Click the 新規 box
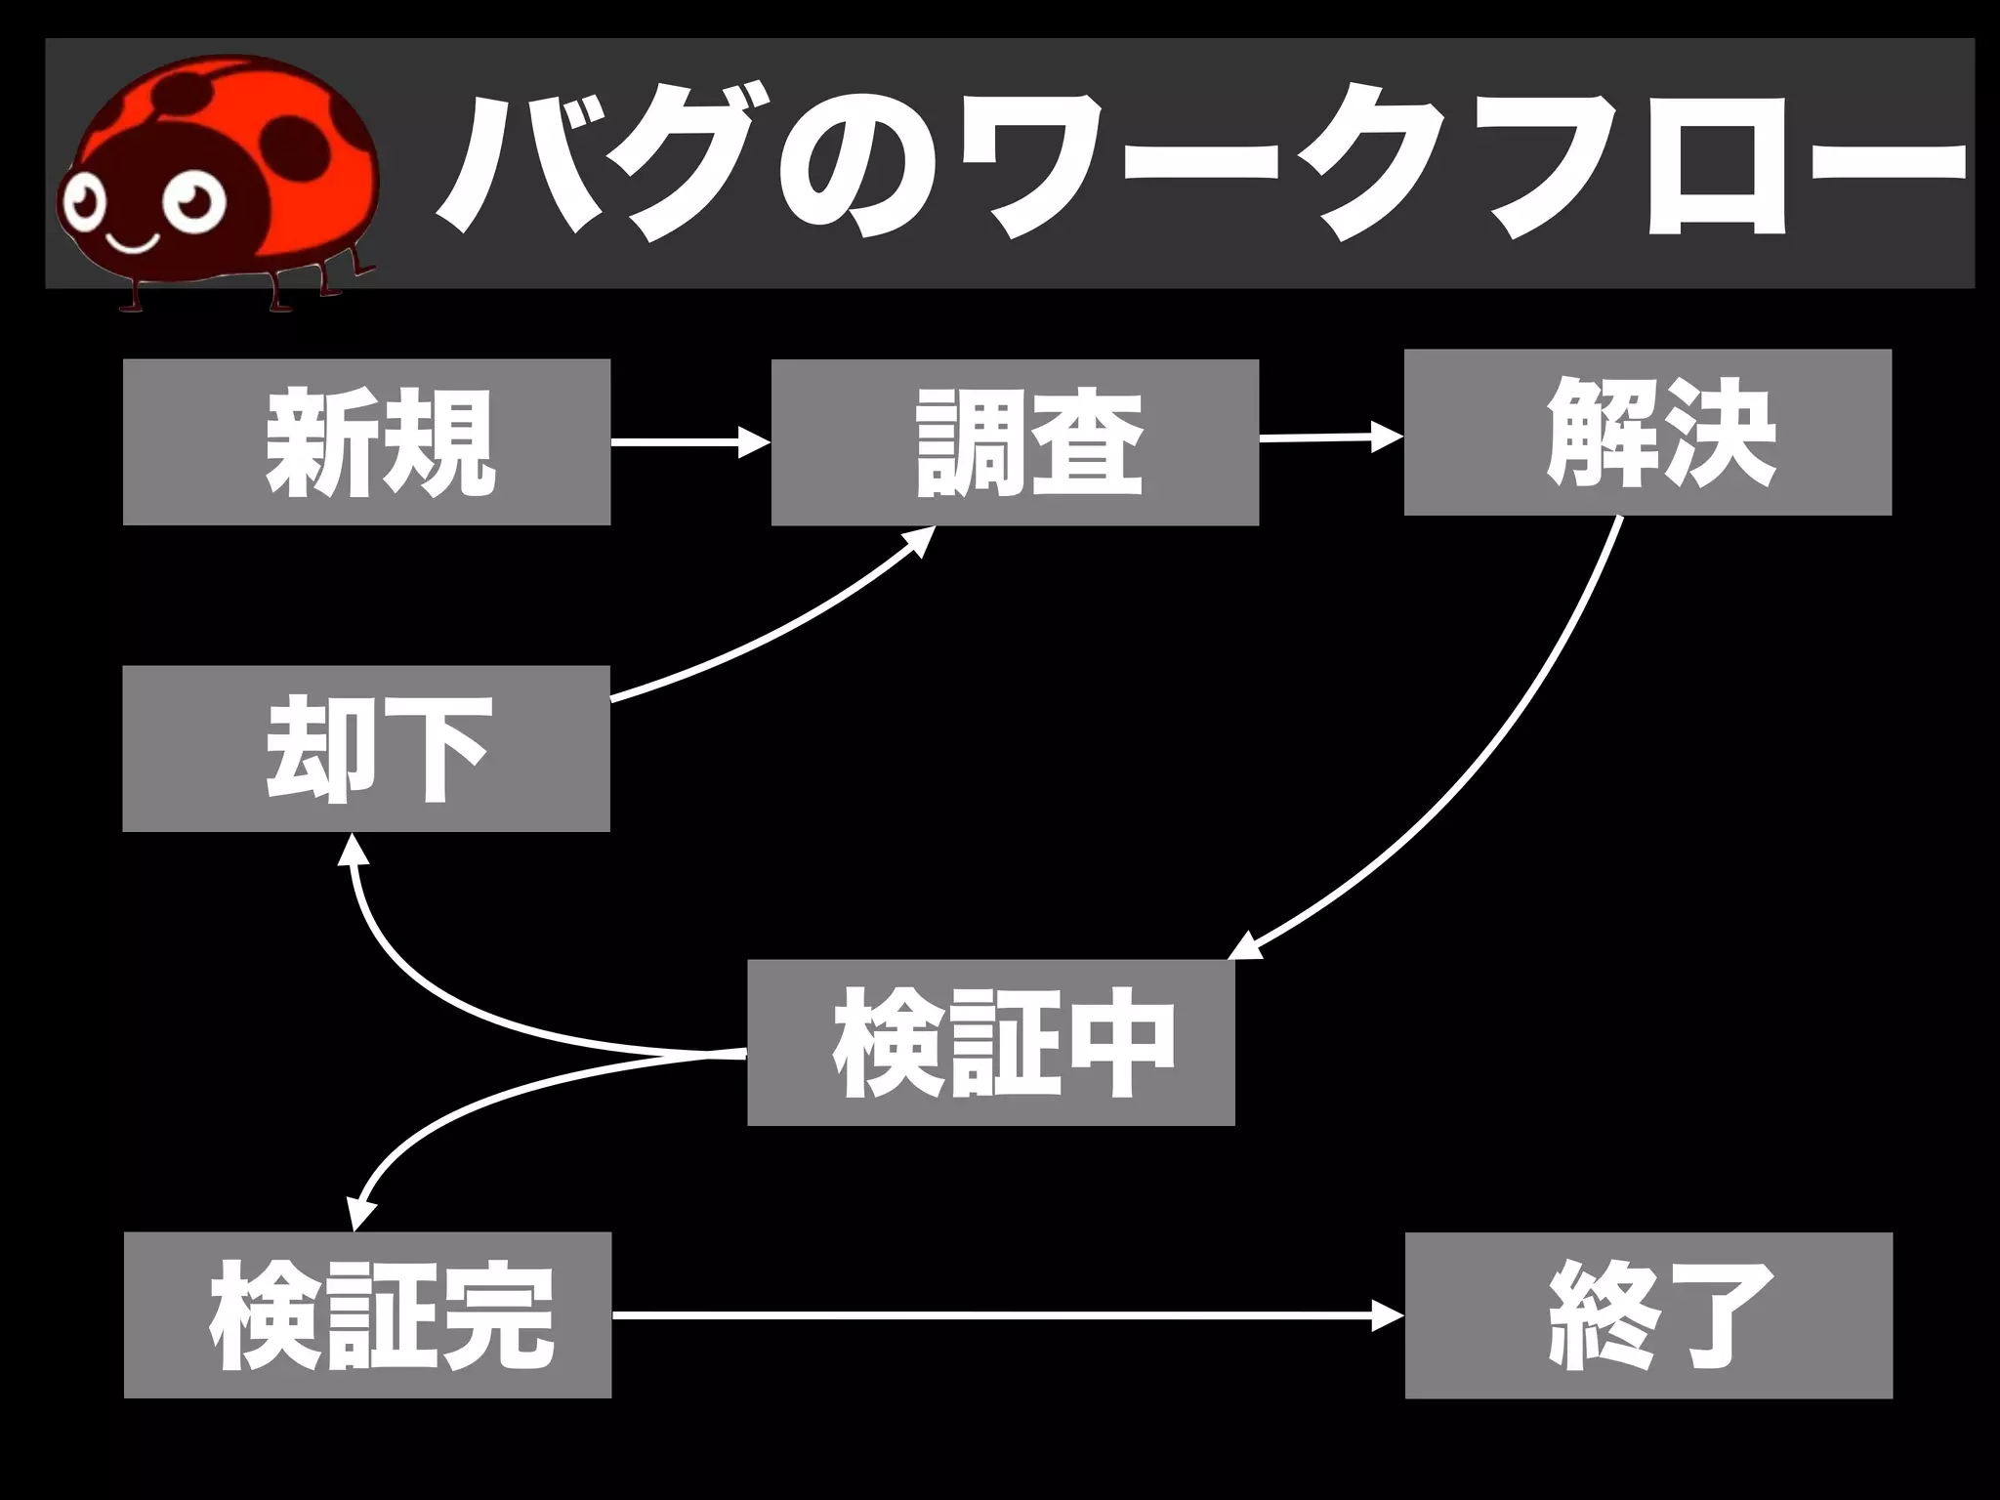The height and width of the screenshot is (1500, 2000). [366, 441]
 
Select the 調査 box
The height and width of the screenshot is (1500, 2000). [1015, 442]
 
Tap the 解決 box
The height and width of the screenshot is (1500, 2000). [1647, 432]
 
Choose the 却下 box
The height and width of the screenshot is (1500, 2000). [366, 748]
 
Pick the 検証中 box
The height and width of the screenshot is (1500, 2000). [991, 1042]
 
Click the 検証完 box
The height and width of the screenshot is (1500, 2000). [367, 1314]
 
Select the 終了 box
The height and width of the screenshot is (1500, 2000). [1648, 1314]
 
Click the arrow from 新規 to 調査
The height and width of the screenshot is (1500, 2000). [688, 442]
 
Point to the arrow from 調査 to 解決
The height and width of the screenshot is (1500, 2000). [1328, 438]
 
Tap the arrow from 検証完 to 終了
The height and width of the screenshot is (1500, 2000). [1006, 1316]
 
